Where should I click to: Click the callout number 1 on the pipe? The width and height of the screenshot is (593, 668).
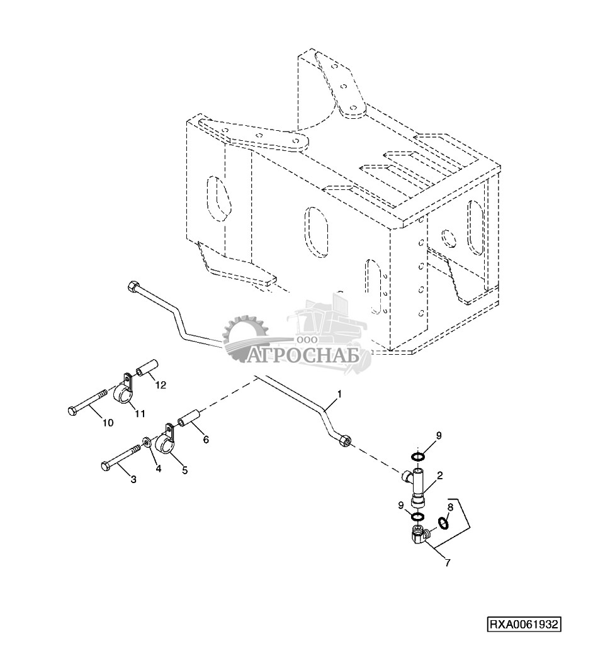[339, 394]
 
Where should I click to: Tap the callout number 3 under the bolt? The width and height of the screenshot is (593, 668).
[133, 480]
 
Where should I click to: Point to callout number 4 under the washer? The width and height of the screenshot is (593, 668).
[159, 469]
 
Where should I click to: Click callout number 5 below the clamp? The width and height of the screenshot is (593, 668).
[184, 470]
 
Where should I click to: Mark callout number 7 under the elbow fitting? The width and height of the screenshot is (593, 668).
[448, 563]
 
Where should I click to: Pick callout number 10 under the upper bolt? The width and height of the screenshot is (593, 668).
[108, 423]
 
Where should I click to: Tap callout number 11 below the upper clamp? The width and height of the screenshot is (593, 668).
[139, 413]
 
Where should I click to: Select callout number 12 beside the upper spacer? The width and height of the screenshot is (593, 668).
[161, 385]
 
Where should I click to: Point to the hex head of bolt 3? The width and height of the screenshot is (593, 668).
[105, 466]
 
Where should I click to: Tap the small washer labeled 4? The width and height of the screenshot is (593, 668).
[146, 445]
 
